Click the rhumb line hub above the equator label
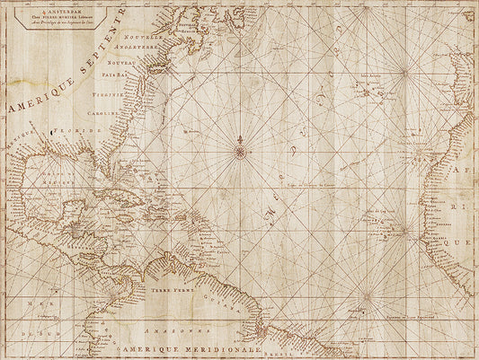[367, 294]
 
